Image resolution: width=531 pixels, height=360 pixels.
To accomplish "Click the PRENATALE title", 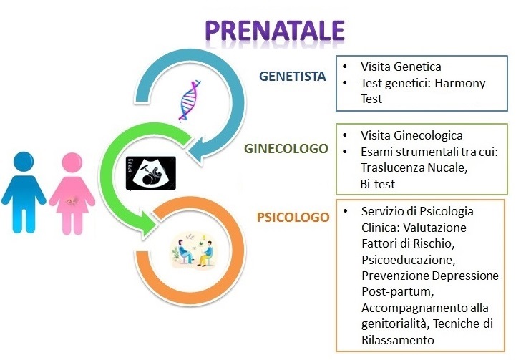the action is point(275,31).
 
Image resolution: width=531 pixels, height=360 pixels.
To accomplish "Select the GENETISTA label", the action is point(292,76).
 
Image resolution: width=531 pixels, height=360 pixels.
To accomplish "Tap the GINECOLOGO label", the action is point(286,148).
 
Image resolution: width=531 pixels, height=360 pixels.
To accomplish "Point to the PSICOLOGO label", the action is point(293,217).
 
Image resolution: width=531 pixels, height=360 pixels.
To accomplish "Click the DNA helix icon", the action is point(190,101).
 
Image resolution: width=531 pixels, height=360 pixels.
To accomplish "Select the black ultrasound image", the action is point(151,173).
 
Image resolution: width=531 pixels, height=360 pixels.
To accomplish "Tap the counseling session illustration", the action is point(194,250).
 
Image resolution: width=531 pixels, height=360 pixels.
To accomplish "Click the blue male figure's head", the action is point(24,162).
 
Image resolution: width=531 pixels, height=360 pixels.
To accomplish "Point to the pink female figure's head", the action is point(72,162).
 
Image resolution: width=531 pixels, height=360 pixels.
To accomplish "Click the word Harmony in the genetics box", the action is point(460,83).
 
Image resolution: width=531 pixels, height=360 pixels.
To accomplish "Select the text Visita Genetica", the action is point(401,67).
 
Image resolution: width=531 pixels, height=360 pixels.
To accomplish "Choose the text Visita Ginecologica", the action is point(411,135).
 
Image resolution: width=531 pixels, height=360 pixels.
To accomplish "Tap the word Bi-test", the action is point(378,184).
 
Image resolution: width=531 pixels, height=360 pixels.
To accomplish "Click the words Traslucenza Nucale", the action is point(414,167).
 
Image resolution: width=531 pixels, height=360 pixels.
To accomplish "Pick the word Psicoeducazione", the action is point(408,260).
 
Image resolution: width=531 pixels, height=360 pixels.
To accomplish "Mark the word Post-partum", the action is point(398,291).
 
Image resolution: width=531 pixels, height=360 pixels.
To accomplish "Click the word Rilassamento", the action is point(398,340).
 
